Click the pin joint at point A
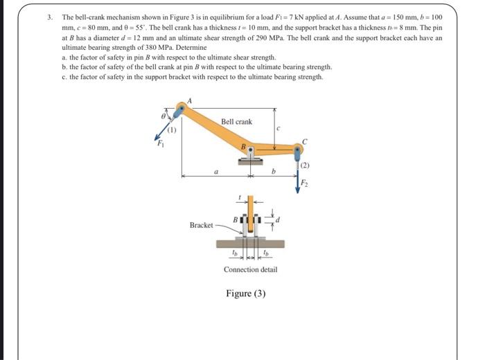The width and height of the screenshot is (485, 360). click(182, 107)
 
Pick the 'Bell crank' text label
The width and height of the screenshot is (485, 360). click(236, 122)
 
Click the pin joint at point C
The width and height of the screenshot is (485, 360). click(298, 148)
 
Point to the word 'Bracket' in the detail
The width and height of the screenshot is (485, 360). click(201, 226)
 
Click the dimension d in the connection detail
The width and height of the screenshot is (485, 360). click(279, 220)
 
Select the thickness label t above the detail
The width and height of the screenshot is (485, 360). click(239, 197)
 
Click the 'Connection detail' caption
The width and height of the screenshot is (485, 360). click(250, 269)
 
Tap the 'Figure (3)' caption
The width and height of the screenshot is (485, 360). click(246, 293)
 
